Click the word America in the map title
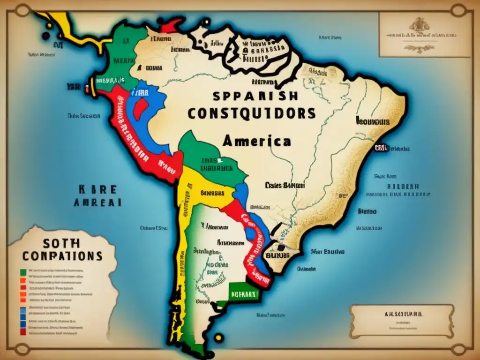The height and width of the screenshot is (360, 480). (256, 141)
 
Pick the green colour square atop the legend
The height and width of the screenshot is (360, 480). (22, 271)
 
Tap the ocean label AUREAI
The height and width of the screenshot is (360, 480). (97, 202)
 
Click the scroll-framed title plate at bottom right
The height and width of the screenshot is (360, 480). (401, 320)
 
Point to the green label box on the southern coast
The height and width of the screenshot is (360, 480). (243, 294)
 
